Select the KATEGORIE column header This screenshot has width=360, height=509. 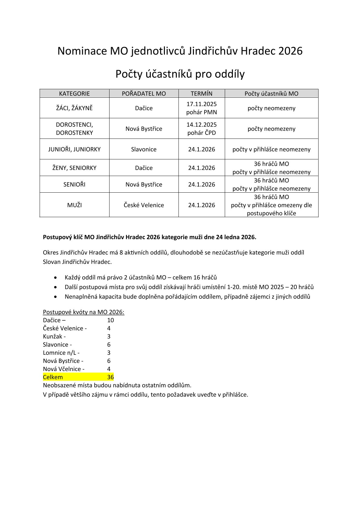pyautogui.click(x=74, y=93)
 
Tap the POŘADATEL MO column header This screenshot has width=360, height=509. pyautogui.click(x=144, y=93)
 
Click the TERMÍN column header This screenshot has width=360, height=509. pyautogui.click(x=201, y=93)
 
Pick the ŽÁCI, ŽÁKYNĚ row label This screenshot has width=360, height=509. pyautogui.click(x=74, y=108)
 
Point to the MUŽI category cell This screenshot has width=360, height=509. pyautogui.click(x=74, y=205)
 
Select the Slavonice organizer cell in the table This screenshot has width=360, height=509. pyautogui.click(x=144, y=149)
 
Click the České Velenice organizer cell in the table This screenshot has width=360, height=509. pyautogui.click(x=144, y=205)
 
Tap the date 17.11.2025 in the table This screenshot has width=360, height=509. pyautogui.click(x=201, y=104)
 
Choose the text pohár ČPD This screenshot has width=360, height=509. pyautogui.click(x=201, y=133)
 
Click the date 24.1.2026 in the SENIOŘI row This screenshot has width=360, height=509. pyautogui.click(x=201, y=184)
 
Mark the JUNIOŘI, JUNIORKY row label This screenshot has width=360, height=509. pyautogui.click(x=74, y=149)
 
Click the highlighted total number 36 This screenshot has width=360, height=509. pyautogui.click(x=110, y=377)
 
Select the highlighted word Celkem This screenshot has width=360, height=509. pyautogui.click(x=53, y=377)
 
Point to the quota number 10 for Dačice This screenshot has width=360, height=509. pyautogui.click(x=110, y=320)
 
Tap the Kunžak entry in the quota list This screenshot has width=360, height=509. pyautogui.click(x=53, y=337)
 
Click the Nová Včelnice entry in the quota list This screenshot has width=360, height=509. pyautogui.click(x=62, y=369)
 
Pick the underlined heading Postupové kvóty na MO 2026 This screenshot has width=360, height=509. pyautogui.click(x=83, y=312)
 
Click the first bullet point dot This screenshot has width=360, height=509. pyautogui.click(x=55, y=278)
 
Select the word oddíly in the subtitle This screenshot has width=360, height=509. pyautogui.click(x=230, y=74)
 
